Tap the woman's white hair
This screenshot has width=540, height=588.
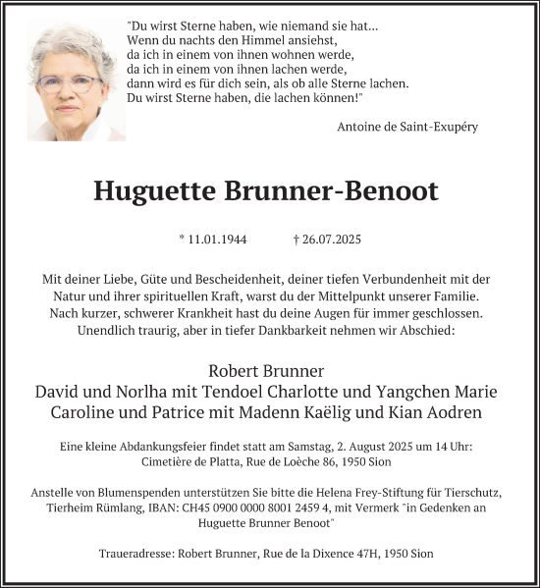pyautogui.click(x=67, y=44)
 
